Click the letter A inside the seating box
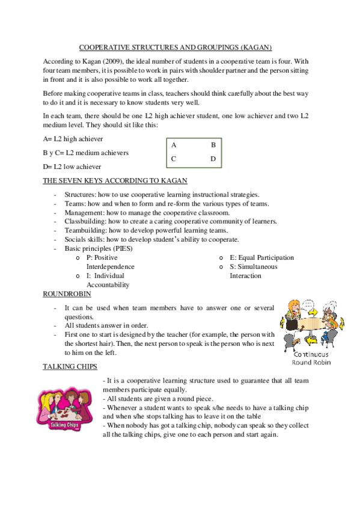174,146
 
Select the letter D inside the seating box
213,159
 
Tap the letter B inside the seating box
213,146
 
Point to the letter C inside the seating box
174,159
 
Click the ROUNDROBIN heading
67,293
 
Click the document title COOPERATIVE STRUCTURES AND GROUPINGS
176,46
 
